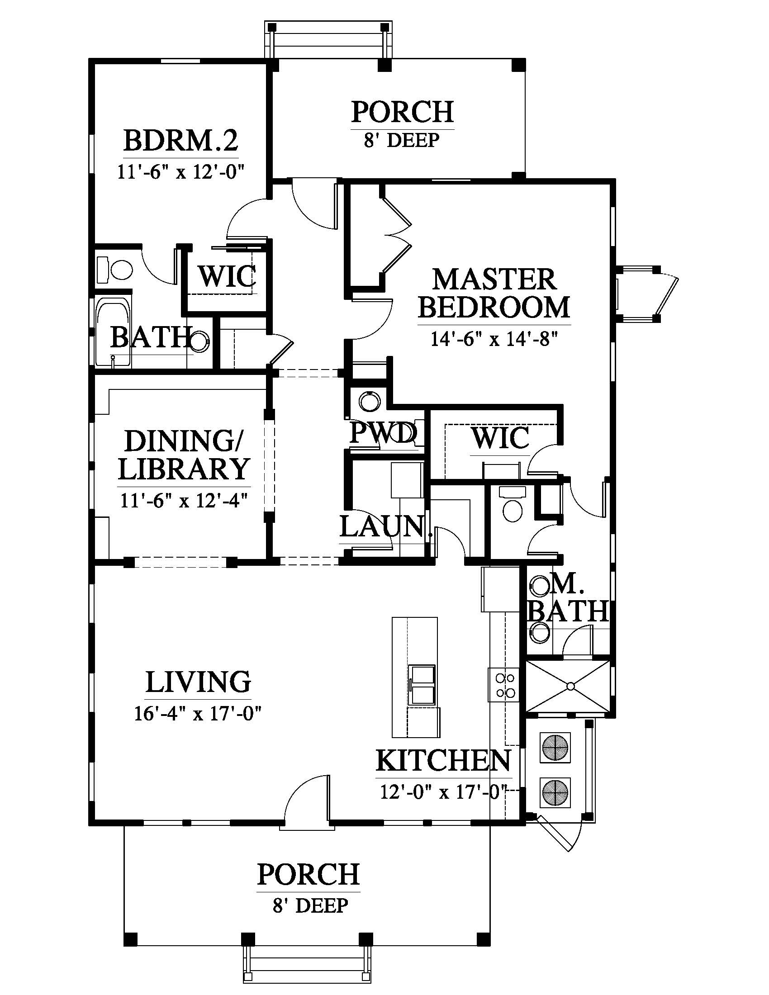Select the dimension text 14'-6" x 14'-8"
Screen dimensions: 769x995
tap(494, 339)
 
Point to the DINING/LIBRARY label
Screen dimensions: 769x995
tap(184, 455)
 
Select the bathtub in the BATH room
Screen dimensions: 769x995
tap(113, 332)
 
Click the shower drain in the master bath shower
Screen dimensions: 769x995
tap(570, 686)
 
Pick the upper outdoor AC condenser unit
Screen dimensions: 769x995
tap(555, 747)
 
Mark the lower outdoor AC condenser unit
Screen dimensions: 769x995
tap(555, 793)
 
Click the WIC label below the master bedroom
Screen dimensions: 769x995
tap(500, 438)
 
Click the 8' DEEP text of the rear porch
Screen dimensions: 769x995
tap(401, 140)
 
